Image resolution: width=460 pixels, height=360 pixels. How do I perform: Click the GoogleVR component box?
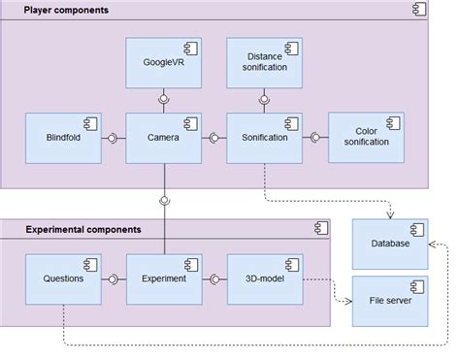click(164, 63)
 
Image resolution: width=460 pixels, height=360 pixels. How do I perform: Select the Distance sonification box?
click(264, 63)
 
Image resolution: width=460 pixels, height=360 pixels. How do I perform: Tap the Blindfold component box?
click(63, 138)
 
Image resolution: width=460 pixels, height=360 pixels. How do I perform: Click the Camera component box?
click(164, 138)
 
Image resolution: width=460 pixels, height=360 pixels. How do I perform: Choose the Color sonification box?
click(366, 138)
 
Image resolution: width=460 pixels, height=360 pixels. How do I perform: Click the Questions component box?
click(63, 278)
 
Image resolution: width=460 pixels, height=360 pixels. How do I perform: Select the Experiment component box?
click(164, 278)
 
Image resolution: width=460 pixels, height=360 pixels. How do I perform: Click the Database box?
click(388, 244)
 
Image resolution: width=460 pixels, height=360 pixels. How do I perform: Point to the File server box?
click(388, 300)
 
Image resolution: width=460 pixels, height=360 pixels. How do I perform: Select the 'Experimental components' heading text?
click(82, 229)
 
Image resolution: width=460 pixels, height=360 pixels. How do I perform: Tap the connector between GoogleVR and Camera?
click(164, 101)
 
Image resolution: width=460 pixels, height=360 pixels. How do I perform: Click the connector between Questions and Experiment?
click(114, 279)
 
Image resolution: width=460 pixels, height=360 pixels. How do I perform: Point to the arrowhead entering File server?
click(346, 300)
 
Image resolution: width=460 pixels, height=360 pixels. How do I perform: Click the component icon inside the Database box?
click(415, 230)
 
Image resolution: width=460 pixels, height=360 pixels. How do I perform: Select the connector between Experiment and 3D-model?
click(214, 279)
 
